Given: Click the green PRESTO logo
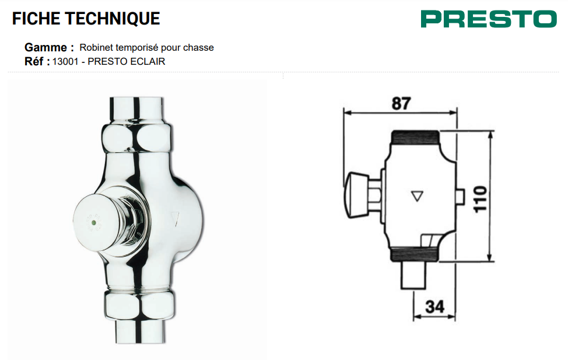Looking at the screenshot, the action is click(489, 19).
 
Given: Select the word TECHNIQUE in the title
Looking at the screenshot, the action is click(113, 19).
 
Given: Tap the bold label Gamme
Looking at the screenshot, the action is click(45, 47).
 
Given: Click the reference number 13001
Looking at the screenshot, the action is click(65, 61).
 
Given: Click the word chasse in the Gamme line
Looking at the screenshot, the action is click(198, 47).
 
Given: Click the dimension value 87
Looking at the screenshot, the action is click(401, 103).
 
